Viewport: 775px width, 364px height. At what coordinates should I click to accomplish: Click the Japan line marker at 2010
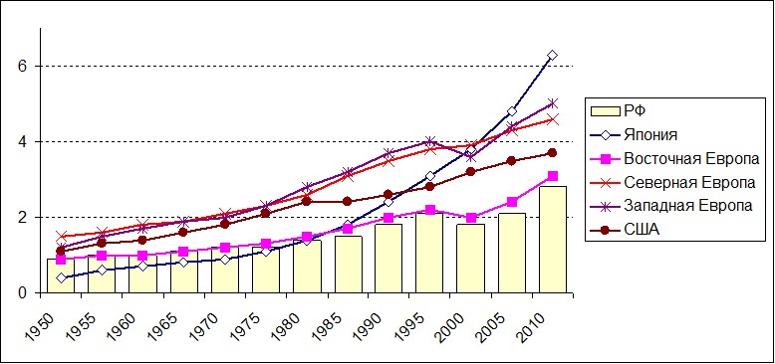[x=553, y=56]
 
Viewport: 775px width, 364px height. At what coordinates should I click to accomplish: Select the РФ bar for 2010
[x=553, y=240]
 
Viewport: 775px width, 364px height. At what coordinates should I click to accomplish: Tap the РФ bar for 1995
[x=429, y=253]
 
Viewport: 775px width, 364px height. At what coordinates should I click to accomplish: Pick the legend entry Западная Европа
[x=672, y=205]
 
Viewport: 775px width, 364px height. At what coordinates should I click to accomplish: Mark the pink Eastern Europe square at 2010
[x=553, y=176]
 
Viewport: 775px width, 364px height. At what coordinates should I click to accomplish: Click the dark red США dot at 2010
[x=553, y=153]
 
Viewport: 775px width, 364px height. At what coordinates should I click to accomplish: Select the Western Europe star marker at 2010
[x=553, y=103]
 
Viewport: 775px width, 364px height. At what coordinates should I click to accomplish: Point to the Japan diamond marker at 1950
[x=61, y=278]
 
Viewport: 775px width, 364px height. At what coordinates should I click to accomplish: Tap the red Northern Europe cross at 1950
[x=61, y=237]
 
